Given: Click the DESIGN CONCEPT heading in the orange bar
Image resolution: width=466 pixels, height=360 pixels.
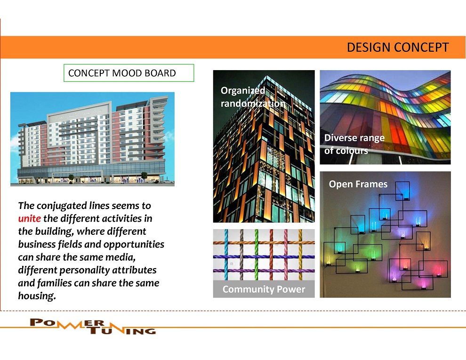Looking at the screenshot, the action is coord(398,48).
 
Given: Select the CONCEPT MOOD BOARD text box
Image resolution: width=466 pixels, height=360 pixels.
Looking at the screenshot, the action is coord(129,73).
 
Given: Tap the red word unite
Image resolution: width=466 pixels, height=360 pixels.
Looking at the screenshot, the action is coord(30,219).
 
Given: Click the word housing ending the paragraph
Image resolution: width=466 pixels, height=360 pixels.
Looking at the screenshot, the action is coord(37,296).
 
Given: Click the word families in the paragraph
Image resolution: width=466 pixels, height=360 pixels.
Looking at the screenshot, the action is coord(55,283).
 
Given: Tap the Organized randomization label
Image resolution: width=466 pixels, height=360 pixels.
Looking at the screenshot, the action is coord(253,97).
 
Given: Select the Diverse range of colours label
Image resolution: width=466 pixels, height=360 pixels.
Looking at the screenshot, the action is coord(354,144).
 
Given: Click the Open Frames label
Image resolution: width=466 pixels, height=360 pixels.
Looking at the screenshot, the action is coord(358,184).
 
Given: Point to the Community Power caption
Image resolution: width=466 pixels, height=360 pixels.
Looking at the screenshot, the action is coord(264,289).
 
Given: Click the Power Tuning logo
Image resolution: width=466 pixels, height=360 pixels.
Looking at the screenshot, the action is coord(93,326).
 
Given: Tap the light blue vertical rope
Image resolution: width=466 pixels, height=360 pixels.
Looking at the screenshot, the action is coord(226,255).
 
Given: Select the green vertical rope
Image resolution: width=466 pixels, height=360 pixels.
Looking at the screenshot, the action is coord(257,255).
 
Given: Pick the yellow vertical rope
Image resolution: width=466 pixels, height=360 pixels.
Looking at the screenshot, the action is coord(300,255).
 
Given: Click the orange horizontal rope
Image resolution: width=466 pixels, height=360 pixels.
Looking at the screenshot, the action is coord(264,243).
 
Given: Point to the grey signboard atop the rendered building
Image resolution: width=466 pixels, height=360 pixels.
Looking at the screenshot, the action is coord(80,113).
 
